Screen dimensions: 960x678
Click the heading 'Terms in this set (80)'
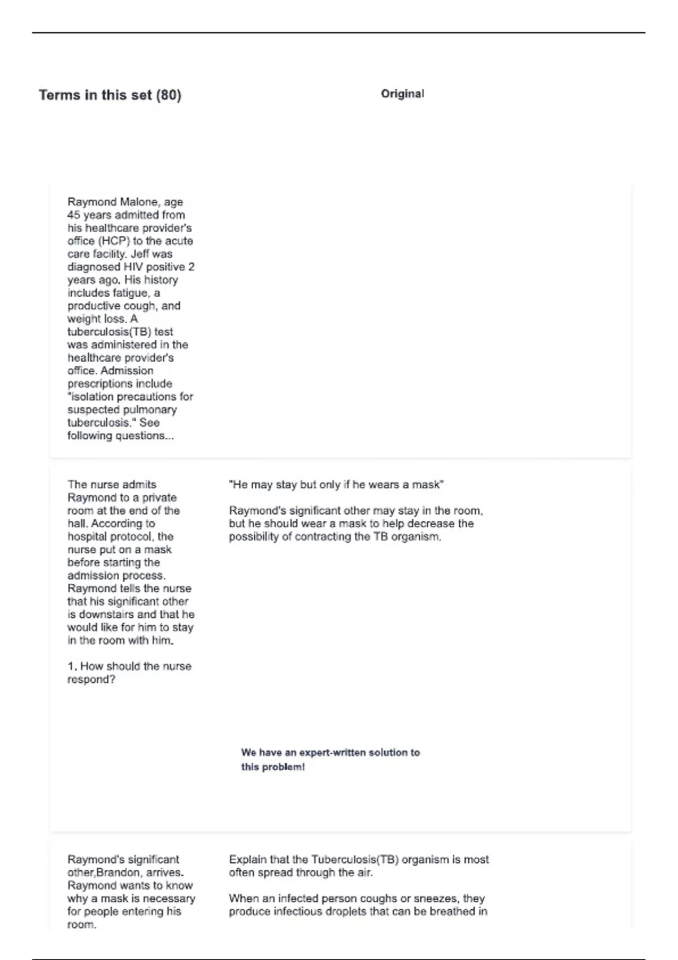point(110,95)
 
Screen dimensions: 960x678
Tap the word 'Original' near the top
point(402,94)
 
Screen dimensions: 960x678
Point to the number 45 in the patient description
point(73,215)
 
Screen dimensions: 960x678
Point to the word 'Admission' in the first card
point(127,371)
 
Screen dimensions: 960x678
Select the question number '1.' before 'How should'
point(72,666)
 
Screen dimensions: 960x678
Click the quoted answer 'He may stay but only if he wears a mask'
point(336,485)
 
